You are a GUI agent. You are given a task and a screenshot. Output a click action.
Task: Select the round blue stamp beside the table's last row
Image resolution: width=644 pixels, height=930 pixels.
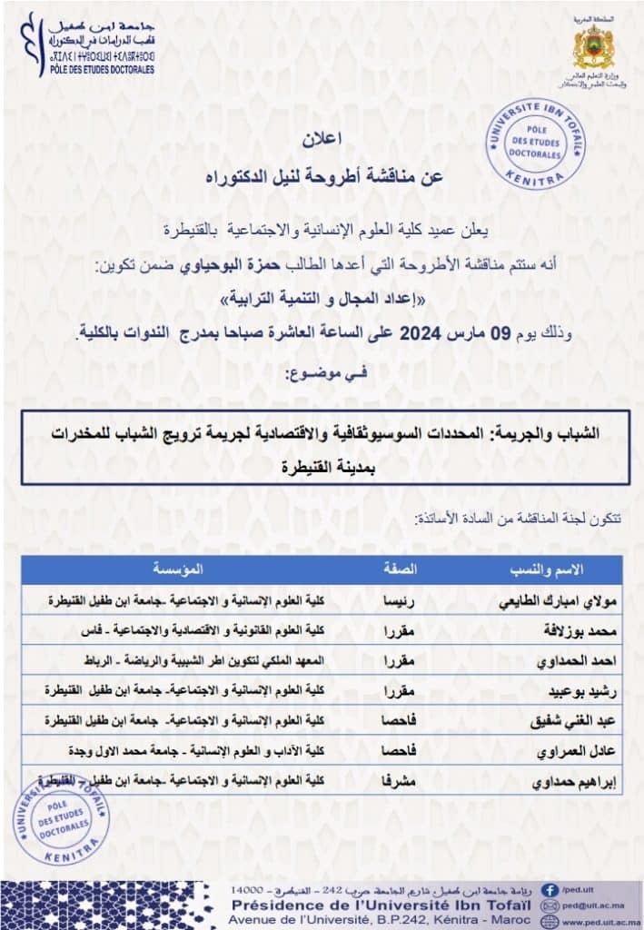click(x=61, y=819)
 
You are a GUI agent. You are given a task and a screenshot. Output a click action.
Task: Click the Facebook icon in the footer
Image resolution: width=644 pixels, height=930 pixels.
click(x=550, y=889)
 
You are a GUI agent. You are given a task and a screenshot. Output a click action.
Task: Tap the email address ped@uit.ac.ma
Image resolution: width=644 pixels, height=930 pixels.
click(x=595, y=905)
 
